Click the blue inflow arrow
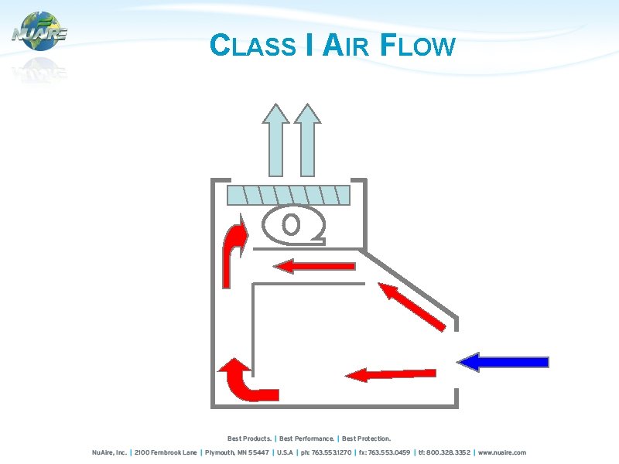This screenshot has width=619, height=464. coord(503,362)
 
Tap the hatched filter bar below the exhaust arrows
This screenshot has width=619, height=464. coord(289,194)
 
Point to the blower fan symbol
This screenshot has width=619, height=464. coord(292,224)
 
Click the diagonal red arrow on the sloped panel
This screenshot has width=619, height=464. coord(412,307)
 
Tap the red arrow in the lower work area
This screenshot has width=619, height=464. coord(390,374)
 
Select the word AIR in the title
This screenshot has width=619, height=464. coord(344,47)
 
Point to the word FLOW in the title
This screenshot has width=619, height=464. coord(418,47)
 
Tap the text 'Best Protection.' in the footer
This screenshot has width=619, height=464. coord(367,438)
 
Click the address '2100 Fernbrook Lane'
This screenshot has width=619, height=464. coord(166,452)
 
